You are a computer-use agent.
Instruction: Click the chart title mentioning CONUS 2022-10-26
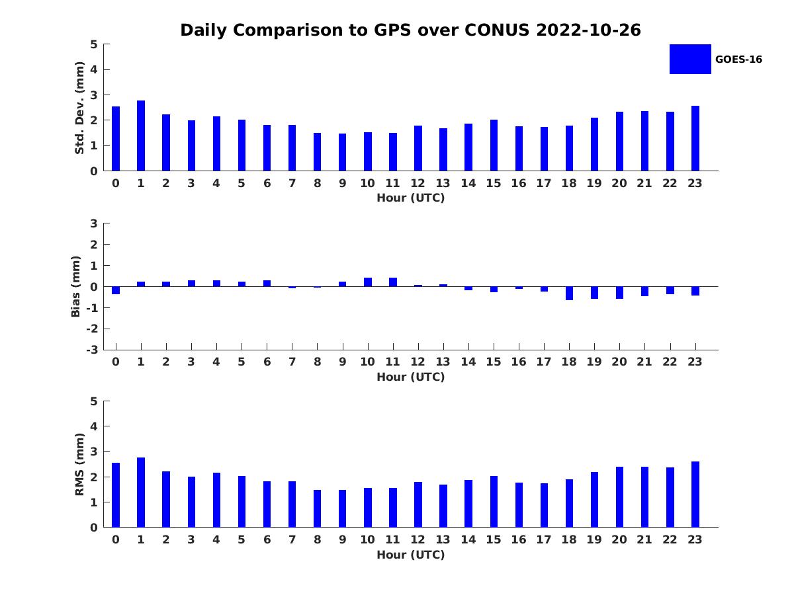(x=410, y=30)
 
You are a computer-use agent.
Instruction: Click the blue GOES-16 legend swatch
(x=689, y=59)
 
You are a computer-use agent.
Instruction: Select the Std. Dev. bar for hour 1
(x=141, y=136)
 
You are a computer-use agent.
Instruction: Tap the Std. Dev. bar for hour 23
(x=695, y=138)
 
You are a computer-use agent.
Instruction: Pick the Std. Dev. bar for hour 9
(x=342, y=152)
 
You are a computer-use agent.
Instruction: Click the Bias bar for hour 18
(x=569, y=293)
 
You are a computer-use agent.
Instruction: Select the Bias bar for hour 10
(x=368, y=282)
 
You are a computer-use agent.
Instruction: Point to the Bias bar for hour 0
(x=116, y=290)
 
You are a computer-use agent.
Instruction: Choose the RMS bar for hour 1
(x=141, y=492)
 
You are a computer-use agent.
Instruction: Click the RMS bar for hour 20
(x=619, y=496)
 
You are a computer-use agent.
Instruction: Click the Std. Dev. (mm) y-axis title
(x=79, y=108)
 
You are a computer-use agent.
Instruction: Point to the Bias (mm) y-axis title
(x=76, y=286)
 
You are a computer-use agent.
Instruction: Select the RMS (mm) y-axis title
(x=79, y=464)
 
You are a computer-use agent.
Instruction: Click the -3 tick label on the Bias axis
(x=94, y=350)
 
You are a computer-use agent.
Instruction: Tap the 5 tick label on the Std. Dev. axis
(x=94, y=44)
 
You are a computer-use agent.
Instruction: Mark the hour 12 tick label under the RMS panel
(x=418, y=539)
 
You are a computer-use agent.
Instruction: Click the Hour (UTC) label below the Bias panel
(x=410, y=377)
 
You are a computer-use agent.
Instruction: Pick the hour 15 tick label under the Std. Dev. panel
(x=493, y=183)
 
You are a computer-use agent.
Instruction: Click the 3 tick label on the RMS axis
(x=94, y=452)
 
